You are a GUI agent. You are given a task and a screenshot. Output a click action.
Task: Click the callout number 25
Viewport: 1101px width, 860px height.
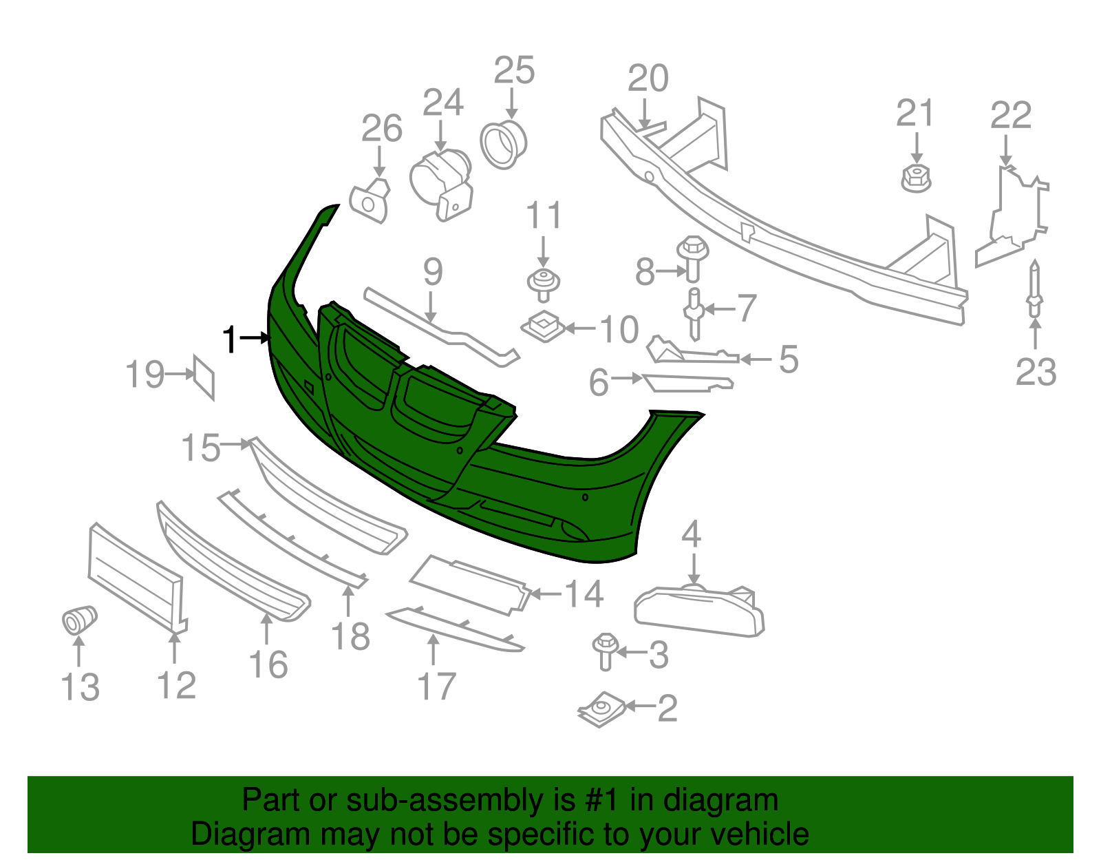[514, 70]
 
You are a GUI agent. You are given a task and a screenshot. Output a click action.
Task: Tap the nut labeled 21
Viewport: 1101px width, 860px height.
[916, 178]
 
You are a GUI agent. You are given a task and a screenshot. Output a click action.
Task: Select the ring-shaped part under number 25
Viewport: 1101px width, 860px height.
[503, 145]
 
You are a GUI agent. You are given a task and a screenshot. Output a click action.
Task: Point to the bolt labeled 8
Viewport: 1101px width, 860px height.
[693, 258]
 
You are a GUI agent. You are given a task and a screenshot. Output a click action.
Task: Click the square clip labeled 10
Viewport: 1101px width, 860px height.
[543, 326]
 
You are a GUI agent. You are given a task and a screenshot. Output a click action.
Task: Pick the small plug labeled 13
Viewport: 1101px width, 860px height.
[79, 619]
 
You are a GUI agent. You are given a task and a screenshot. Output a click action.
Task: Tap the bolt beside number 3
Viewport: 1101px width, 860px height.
[606, 651]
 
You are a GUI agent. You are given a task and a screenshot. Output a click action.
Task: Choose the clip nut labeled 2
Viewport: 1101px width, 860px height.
[602, 709]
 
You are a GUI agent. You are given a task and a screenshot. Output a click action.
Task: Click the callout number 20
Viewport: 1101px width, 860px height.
[648, 78]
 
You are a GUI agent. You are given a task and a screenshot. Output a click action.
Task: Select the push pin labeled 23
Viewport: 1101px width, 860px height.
[1035, 289]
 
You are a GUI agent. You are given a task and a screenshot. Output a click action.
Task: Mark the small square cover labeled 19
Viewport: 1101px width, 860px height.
[204, 377]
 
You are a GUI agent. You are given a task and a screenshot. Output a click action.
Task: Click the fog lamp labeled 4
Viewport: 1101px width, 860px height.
[699, 611]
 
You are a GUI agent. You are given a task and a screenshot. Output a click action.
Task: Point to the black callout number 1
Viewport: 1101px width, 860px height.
[230, 339]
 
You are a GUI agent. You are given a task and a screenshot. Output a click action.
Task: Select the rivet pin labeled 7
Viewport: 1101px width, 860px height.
[694, 314]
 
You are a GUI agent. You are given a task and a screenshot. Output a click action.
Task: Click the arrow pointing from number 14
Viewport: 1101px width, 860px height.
[546, 594]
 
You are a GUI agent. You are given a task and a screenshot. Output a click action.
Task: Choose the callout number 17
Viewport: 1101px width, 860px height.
[436, 686]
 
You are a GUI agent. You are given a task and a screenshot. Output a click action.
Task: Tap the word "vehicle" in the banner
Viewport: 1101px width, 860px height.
[753, 835]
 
